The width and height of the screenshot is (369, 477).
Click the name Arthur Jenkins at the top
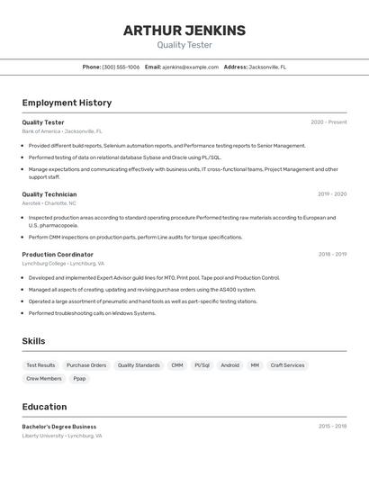[184, 31]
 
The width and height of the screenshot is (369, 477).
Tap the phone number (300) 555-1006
[121, 67]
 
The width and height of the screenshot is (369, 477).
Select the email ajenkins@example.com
[191, 67]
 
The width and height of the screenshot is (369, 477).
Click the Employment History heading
[67, 103]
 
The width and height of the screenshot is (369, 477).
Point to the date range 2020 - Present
[328, 121]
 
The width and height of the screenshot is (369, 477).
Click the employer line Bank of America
[62, 131]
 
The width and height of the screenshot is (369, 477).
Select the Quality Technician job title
[49, 193]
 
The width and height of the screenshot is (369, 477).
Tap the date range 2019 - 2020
[332, 193]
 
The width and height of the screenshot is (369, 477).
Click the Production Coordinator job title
[58, 254]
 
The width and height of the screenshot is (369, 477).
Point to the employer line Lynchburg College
[63, 264]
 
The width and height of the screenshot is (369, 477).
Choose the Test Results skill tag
[40, 365]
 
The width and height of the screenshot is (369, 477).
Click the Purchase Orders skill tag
[86, 365]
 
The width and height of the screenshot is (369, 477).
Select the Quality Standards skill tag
[139, 365]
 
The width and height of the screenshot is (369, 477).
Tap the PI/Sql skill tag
[202, 365]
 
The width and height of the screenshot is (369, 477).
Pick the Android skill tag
[229, 365]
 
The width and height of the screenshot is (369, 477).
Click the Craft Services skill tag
[287, 365]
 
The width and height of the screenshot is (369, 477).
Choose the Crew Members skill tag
[44, 379]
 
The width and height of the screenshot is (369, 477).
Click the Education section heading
[44, 407]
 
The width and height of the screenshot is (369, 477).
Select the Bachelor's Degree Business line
[59, 427]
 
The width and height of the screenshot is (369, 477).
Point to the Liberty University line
[61, 436]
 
